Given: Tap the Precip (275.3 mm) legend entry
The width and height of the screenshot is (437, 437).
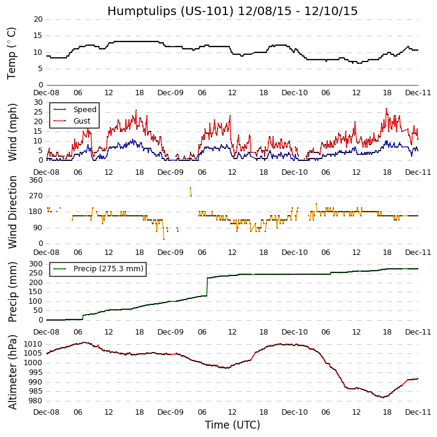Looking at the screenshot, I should pyautogui.click(x=108, y=269).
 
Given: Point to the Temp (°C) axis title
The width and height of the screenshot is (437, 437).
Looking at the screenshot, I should pyautogui.click(x=12, y=52).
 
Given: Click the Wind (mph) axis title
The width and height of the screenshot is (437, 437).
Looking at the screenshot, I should pyautogui.click(x=12, y=131).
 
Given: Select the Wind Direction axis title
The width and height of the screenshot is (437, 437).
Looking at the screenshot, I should pyautogui.click(x=12, y=212).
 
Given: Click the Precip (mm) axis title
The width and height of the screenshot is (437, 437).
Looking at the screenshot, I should pyautogui.click(x=12, y=292).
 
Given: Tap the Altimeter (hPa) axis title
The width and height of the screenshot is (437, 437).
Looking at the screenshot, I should pyautogui.click(x=12, y=371).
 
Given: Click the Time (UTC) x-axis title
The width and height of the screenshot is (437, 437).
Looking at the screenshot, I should pyautogui.click(x=232, y=425).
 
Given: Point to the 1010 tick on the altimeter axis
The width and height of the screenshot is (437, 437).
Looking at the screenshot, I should pyautogui.click(x=33, y=344).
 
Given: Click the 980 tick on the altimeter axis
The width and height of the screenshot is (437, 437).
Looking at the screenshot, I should pyautogui.click(x=35, y=401).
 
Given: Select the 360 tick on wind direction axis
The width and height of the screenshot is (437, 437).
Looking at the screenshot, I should pyautogui.click(x=35, y=180).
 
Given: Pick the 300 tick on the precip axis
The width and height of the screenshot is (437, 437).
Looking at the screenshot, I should pyautogui.click(x=35, y=264).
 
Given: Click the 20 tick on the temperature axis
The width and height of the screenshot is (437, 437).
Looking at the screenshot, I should pyautogui.click(x=38, y=19).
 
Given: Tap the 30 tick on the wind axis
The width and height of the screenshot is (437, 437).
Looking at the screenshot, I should pyautogui.click(x=38, y=102).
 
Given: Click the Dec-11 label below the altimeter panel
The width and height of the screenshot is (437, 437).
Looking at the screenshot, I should pyautogui.click(x=418, y=412).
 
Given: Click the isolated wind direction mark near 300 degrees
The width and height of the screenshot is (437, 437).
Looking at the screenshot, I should pyautogui.click(x=190, y=192).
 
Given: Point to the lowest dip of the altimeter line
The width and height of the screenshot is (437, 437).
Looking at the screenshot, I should pyautogui.click(x=382, y=397).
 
